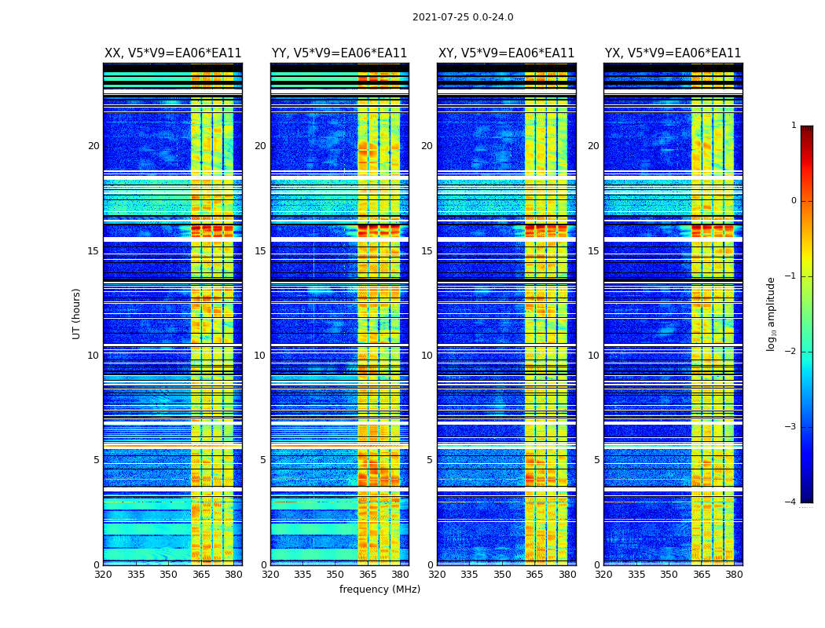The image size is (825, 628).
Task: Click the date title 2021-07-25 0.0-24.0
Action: [x=463, y=17]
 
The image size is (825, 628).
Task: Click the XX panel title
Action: [x=173, y=53]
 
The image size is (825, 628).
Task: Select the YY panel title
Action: [x=339, y=53]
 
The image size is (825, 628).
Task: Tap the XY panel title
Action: [x=506, y=53]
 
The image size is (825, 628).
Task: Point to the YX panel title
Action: [x=673, y=53]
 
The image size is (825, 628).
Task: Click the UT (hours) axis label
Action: [x=77, y=313]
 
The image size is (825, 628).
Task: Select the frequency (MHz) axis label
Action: [x=379, y=590]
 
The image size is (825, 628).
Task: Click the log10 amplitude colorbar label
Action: [x=772, y=313]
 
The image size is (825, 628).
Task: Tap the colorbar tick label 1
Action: [x=794, y=126]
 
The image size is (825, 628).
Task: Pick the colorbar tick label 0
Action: [x=794, y=201]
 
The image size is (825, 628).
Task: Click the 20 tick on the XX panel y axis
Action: [x=93, y=146]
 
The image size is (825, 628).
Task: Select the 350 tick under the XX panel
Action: [x=168, y=575]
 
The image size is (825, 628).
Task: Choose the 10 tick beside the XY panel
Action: [x=427, y=356]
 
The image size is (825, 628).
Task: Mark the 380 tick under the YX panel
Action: [x=734, y=575]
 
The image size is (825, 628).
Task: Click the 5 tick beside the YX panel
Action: [x=596, y=460]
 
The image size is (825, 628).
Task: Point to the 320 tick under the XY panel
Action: [x=437, y=575]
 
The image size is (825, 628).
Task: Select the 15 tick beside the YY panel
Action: [x=260, y=251]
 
